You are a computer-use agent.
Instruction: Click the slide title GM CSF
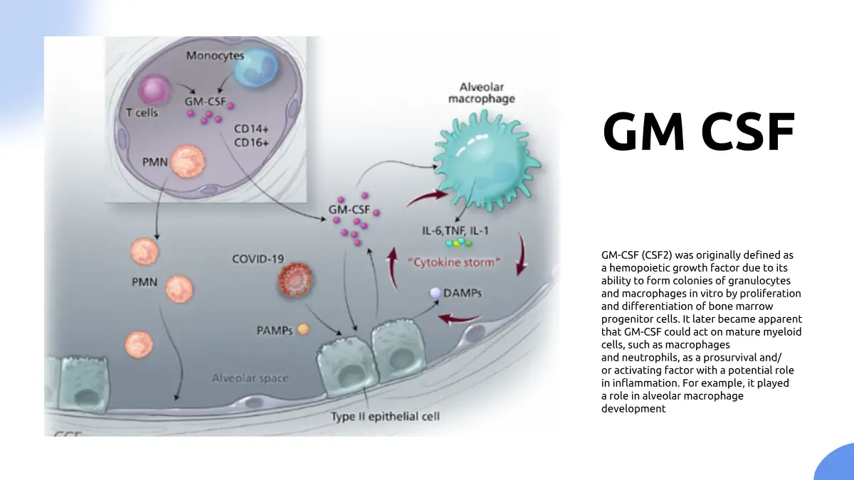(x=698, y=133)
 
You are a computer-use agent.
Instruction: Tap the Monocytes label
(x=215, y=55)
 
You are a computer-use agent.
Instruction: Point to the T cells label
(x=142, y=113)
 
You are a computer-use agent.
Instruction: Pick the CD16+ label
(x=251, y=143)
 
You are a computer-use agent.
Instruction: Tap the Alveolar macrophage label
(x=481, y=93)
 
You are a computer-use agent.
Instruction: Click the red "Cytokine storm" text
(x=455, y=262)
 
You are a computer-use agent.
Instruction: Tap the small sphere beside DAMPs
(x=435, y=292)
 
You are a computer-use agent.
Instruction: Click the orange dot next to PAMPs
(x=303, y=330)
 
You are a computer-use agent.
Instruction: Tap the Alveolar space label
(x=250, y=378)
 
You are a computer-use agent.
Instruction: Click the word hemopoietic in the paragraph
(x=640, y=268)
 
